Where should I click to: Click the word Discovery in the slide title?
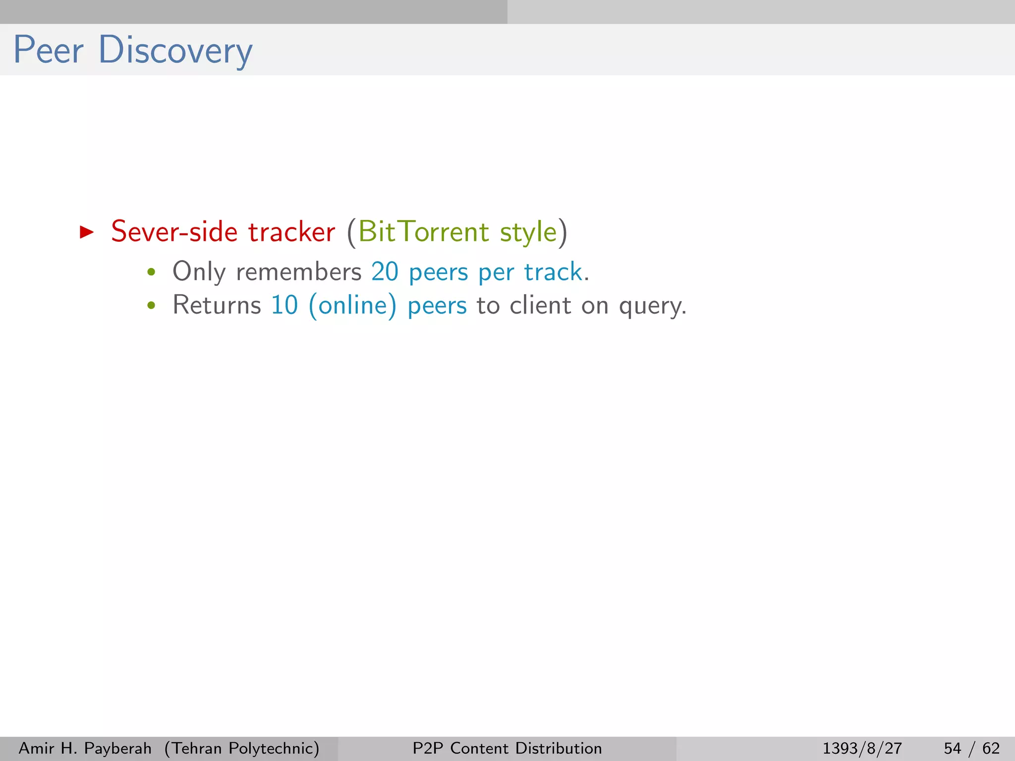point(175,50)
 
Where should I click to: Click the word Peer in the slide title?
point(48,50)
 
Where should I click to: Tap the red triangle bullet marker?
point(87,232)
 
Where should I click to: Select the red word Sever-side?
point(174,231)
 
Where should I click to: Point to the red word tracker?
point(291,231)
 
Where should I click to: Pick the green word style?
point(528,232)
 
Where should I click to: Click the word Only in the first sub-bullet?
point(199,272)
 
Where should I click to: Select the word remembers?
point(299,272)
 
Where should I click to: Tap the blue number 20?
point(385,272)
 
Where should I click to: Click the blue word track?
point(553,272)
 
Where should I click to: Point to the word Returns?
point(217,305)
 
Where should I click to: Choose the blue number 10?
point(284,305)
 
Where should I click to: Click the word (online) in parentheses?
point(352,306)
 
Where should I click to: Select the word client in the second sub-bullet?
point(541,305)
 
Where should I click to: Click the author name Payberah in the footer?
point(118,748)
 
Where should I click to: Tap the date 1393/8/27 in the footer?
point(862,748)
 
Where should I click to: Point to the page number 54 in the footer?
point(952,748)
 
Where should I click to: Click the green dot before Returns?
point(152,306)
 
